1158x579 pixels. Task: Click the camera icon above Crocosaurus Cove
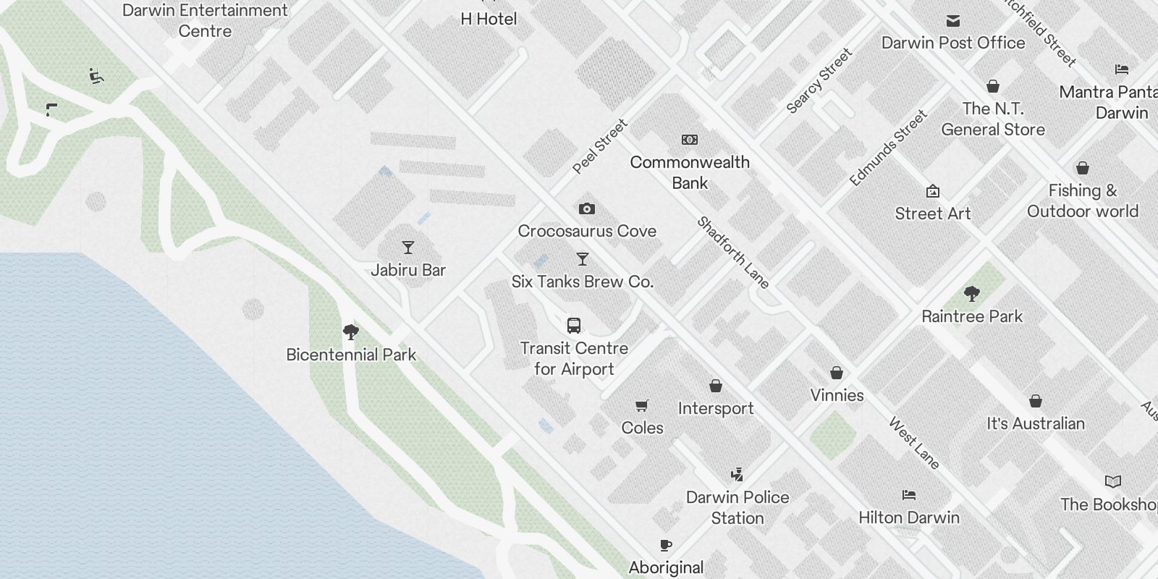click(x=587, y=209)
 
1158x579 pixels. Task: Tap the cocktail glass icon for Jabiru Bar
click(x=408, y=248)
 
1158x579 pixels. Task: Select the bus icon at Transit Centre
click(x=574, y=326)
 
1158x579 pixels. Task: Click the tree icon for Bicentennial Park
click(x=351, y=332)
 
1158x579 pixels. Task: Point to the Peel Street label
click(x=600, y=147)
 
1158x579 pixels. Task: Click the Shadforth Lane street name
click(x=732, y=253)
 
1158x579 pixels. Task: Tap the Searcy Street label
click(x=820, y=80)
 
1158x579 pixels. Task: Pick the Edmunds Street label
click(x=888, y=148)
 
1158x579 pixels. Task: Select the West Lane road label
click(x=914, y=443)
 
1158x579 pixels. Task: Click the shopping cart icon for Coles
click(x=641, y=405)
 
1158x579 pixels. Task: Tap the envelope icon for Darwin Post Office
click(x=953, y=21)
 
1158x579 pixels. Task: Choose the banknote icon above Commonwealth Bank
click(x=690, y=140)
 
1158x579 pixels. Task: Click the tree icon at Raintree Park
click(x=972, y=294)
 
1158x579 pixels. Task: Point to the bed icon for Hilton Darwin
click(x=909, y=495)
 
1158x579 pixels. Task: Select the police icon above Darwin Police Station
click(x=737, y=475)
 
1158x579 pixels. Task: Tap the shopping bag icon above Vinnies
click(x=837, y=373)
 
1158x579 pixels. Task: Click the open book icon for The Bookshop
click(x=1113, y=481)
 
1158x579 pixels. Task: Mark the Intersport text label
click(x=716, y=408)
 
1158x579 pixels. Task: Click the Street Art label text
click(x=932, y=214)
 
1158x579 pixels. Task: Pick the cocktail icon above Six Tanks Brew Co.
click(x=583, y=259)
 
